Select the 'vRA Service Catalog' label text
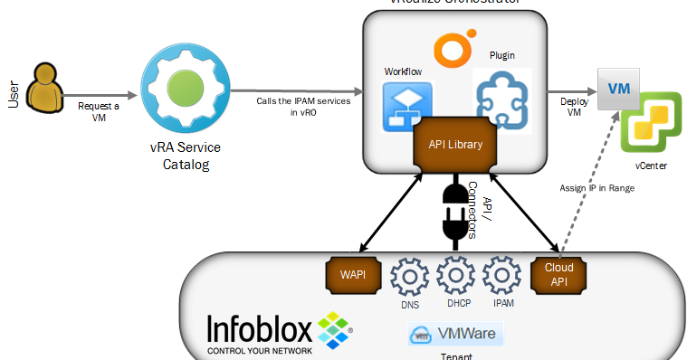186,155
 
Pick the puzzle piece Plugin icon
501,99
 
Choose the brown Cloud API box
558,274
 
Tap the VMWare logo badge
454,335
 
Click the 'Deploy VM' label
568,106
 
